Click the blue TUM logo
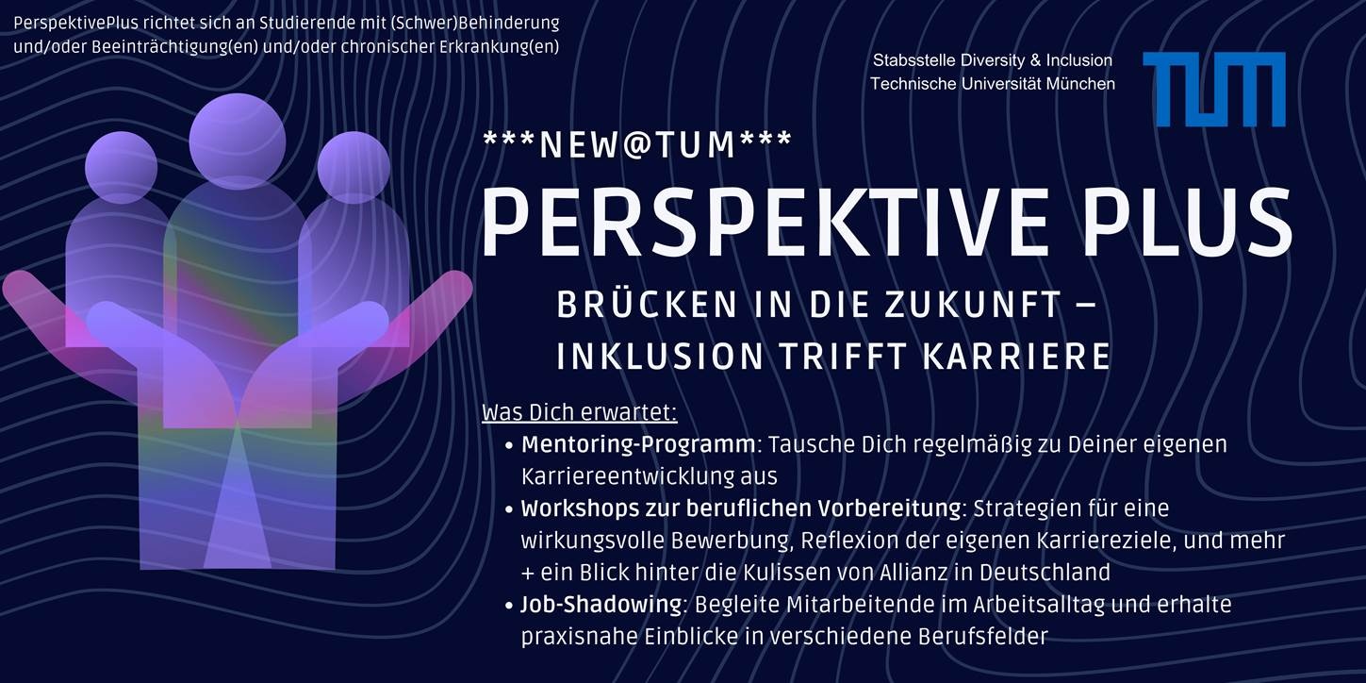[x=1214, y=89]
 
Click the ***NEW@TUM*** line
[x=637, y=144]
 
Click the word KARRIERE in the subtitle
[x=1016, y=357]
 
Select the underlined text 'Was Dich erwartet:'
[x=580, y=413]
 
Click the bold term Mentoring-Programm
[x=638, y=445]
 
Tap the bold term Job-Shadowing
[x=601, y=605]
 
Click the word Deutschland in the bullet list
[x=1045, y=573]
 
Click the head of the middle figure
[x=238, y=141]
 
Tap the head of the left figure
[x=122, y=167]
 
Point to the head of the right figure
[x=354, y=167]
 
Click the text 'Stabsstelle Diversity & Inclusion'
[x=993, y=60]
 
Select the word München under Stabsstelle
[x=1080, y=84]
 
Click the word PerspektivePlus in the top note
[x=75, y=24]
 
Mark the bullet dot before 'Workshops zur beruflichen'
[x=509, y=509]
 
